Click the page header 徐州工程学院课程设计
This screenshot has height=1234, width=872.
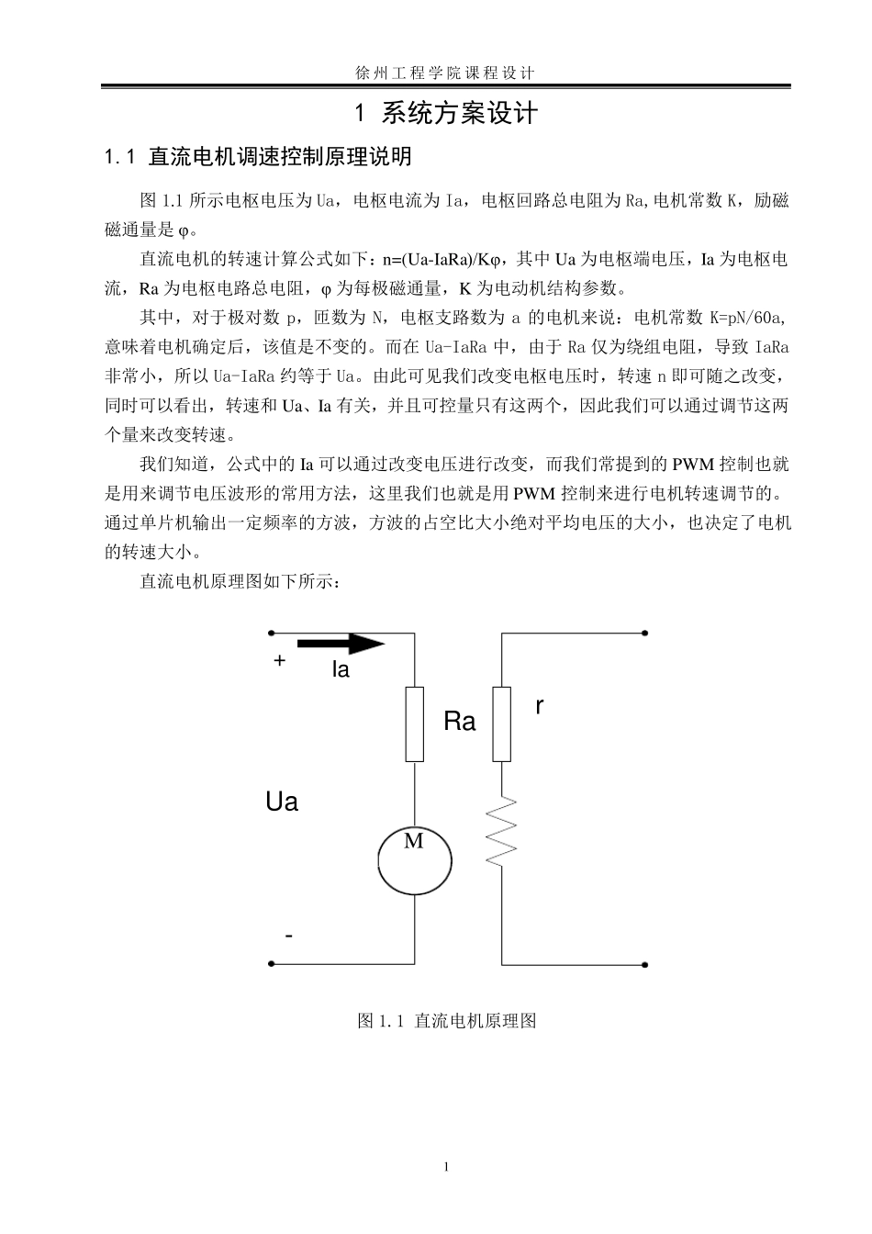(x=444, y=72)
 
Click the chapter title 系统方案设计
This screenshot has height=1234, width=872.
(x=459, y=114)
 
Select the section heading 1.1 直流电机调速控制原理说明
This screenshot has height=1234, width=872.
(x=259, y=157)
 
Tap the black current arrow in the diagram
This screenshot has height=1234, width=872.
(x=340, y=644)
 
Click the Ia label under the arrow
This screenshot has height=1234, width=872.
(x=341, y=670)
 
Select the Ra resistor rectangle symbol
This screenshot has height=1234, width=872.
(x=415, y=724)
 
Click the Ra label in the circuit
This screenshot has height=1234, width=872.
(x=460, y=722)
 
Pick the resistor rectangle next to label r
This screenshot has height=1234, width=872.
(x=501, y=724)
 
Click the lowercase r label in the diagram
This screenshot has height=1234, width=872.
(x=540, y=706)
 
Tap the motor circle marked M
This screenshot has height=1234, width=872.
(x=415, y=860)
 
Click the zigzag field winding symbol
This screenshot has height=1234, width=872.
(x=501, y=831)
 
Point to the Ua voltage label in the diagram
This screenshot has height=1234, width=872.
(x=282, y=802)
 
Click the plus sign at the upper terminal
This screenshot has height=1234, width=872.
(x=280, y=660)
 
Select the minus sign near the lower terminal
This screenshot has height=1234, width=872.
(x=289, y=937)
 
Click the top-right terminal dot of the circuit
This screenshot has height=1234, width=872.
(x=645, y=633)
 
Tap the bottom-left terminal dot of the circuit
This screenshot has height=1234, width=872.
(x=271, y=964)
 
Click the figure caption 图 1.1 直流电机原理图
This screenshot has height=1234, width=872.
(x=446, y=1021)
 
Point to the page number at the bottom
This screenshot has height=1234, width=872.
(x=446, y=1167)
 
